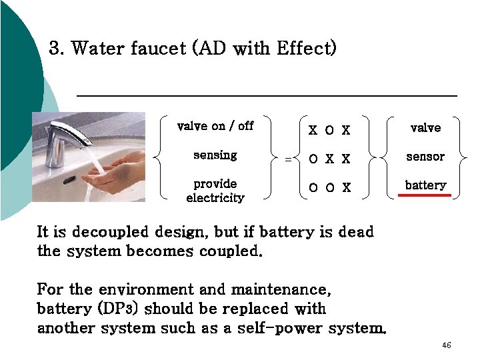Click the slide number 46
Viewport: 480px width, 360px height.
[x=447, y=345]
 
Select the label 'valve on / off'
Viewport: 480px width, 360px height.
[x=215, y=126]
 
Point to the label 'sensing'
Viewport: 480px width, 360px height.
[x=215, y=155]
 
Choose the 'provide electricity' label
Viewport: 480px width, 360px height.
[x=215, y=190]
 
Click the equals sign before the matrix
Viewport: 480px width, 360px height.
[x=288, y=159]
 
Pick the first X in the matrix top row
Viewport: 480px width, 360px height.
[x=313, y=130]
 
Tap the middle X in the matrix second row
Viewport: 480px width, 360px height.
[x=329, y=159]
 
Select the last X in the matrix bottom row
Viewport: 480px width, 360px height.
[x=346, y=187]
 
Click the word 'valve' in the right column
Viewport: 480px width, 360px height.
[x=425, y=127]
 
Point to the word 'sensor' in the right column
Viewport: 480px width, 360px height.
[x=425, y=157]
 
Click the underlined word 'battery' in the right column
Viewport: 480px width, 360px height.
[x=425, y=185]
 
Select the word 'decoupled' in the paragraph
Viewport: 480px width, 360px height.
[x=111, y=232]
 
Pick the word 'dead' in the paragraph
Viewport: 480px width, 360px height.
[x=356, y=232]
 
